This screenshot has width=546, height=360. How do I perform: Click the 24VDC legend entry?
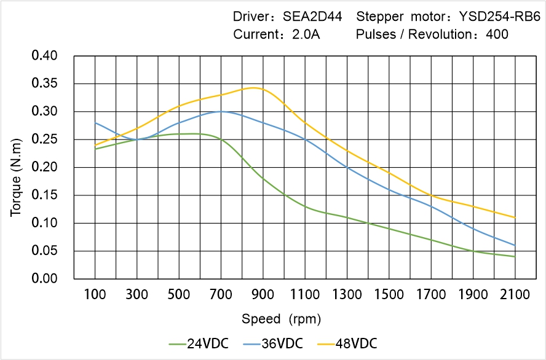tap(199, 343)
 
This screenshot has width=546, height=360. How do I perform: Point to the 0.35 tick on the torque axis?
tap(44, 84)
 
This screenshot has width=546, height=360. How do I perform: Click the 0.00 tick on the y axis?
tap(44, 279)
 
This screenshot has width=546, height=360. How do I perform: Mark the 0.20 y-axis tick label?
tap(44, 167)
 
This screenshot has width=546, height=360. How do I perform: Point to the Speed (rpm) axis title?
tap(281, 319)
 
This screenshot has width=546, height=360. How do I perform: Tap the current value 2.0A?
tap(306, 34)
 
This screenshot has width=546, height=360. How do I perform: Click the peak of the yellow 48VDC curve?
tap(253, 87)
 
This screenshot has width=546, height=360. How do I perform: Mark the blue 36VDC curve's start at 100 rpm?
tap(95, 123)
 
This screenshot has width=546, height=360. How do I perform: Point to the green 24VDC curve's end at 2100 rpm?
tap(515, 256)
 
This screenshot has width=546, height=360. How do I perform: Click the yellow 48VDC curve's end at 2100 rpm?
tap(515, 217)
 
